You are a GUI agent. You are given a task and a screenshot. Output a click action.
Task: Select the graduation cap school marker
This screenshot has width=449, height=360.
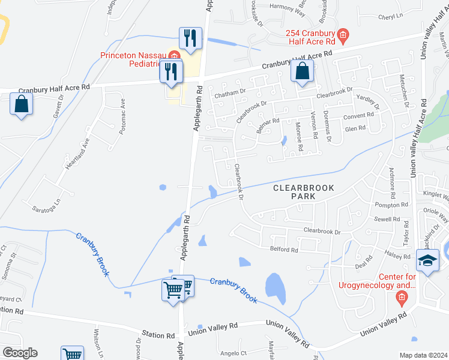pyautogui.click(x=427, y=261)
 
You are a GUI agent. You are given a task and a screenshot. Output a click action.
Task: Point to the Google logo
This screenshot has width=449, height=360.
pyautogui.click(x=20, y=353)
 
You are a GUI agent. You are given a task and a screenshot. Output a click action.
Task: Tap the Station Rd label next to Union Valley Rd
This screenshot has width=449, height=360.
pyautogui.click(x=158, y=334)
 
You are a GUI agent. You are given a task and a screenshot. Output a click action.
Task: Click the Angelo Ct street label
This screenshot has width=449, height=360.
pyautogui.click(x=234, y=353)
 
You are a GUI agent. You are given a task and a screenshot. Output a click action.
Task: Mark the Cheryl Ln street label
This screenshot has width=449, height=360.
pyautogui.click(x=390, y=17)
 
